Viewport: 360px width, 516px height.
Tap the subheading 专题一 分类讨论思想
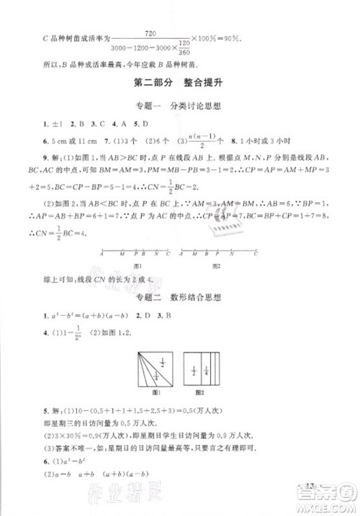coord(179,106)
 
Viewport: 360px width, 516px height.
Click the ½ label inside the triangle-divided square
coord(161,363)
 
